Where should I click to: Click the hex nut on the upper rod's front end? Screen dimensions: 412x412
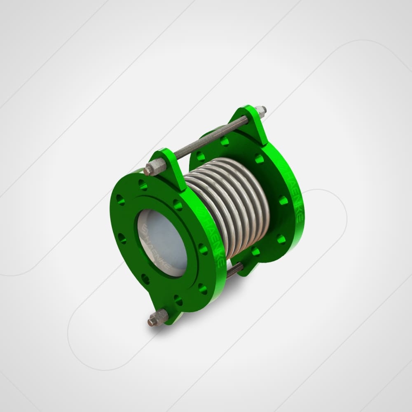(x=158, y=167)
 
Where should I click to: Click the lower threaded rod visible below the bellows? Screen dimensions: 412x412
(x=235, y=270)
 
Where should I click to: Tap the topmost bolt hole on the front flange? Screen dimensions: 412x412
(x=143, y=185)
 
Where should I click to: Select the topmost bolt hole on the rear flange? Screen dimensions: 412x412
(x=225, y=142)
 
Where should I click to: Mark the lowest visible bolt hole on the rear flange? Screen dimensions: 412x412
(x=256, y=251)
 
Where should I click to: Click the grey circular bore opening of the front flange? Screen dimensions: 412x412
(x=162, y=243)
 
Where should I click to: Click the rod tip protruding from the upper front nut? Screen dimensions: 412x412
(x=147, y=171)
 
